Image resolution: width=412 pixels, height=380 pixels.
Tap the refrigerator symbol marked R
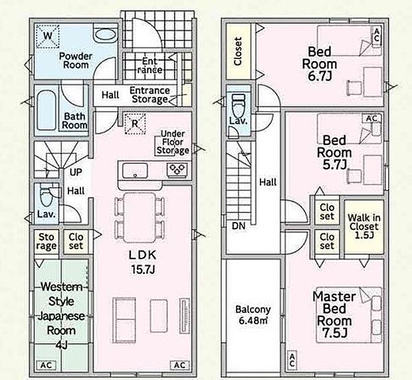click(x=135, y=124)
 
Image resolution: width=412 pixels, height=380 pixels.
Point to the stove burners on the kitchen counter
click(x=177, y=170)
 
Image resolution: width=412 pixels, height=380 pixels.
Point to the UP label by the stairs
click(x=76, y=172)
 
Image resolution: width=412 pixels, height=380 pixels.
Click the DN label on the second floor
click(x=238, y=227)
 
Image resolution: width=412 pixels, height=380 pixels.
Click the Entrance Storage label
click(x=149, y=95)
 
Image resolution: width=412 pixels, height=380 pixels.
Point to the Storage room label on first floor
click(x=45, y=241)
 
